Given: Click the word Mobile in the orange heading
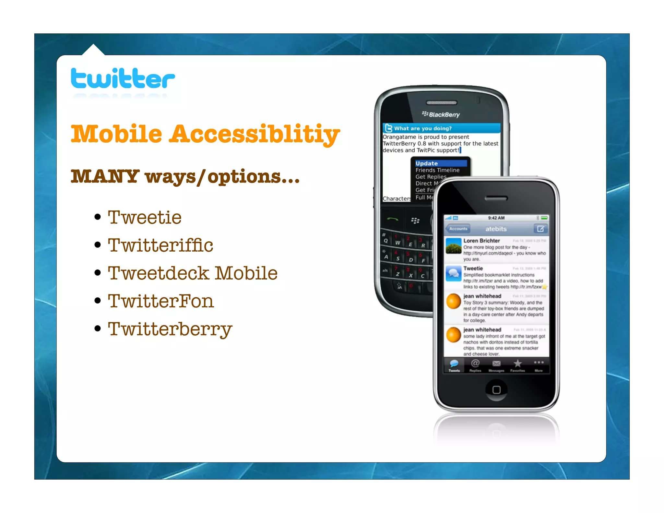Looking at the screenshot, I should tap(116, 134).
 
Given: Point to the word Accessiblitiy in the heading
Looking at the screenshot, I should tap(255, 134).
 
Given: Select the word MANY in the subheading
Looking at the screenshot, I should tap(105, 176).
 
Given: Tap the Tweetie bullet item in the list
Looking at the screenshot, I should tap(145, 217).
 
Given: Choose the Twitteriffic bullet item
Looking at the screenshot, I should tap(160, 245).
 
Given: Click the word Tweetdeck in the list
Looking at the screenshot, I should tap(159, 273).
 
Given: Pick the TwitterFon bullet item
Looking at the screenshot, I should tap(161, 301).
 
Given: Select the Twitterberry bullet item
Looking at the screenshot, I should tap(170, 329).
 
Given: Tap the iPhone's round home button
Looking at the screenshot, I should tap(496, 389).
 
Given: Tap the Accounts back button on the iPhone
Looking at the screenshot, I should tap(458, 229).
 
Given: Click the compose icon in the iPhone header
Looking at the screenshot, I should tap(540, 229).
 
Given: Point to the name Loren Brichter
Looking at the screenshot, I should tap(481, 241).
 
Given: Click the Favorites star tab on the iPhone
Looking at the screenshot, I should tap(517, 365).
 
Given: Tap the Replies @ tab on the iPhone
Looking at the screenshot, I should tap(475, 365).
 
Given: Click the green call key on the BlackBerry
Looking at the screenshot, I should tap(393, 220).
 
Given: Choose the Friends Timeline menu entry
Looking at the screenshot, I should tap(437, 170).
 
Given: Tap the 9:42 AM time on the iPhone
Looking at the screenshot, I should tap(496, 218).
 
